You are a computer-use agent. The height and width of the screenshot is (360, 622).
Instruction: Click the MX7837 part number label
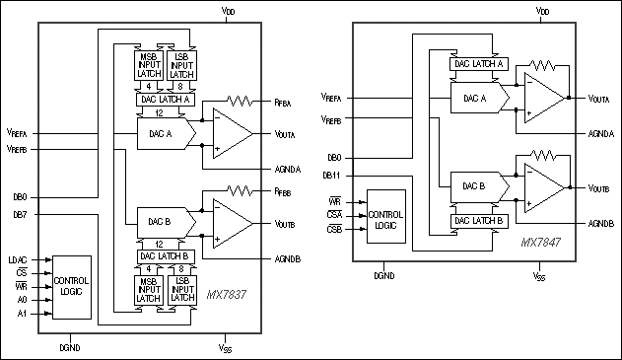point(227,295)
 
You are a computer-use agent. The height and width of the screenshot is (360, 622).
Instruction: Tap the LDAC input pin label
point(18,260)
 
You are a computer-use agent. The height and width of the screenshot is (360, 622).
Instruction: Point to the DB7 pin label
point(20,214)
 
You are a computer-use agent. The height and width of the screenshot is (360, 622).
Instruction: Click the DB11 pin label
point(332,175)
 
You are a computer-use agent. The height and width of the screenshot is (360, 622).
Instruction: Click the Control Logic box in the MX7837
point(71,287)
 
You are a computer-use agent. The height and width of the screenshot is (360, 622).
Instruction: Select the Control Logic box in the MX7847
point(385,215)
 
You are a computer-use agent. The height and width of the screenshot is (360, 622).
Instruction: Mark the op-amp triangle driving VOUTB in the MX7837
point(232,223)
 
